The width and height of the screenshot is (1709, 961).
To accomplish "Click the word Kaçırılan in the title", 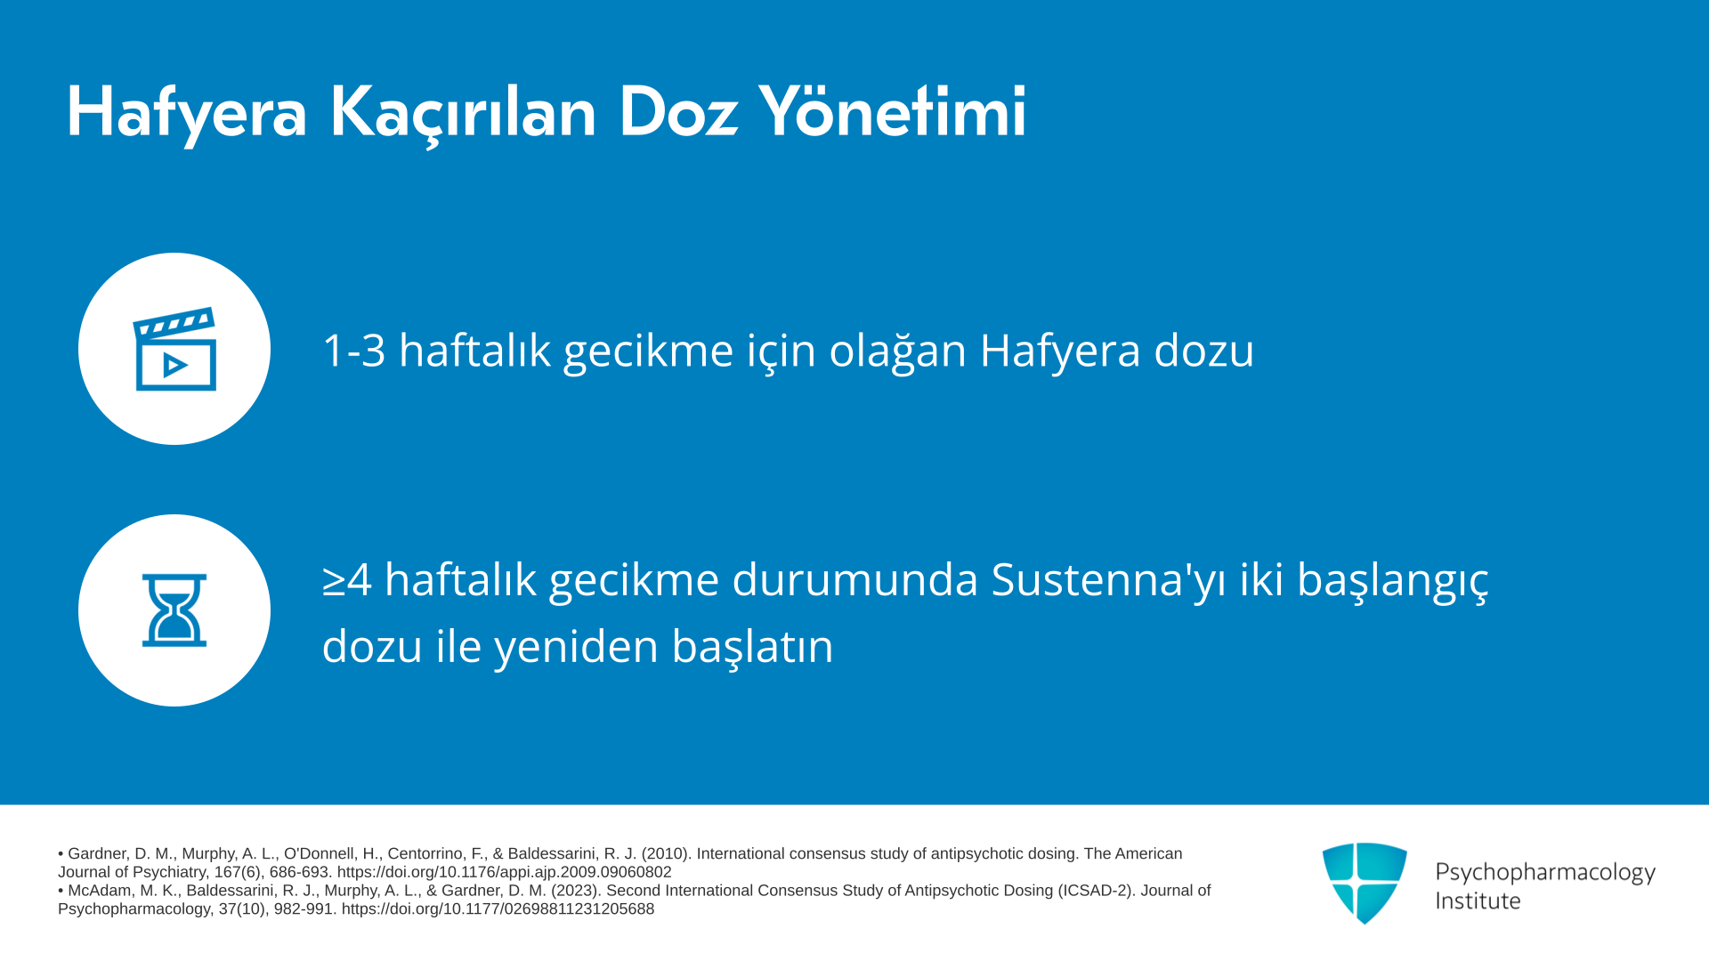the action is (463, 113).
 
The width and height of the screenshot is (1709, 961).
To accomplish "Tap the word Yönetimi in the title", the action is (893, 111).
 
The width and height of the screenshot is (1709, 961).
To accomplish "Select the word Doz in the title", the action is (678, 112).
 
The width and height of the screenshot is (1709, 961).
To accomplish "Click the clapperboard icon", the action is (174, 349).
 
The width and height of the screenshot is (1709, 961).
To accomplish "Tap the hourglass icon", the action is (174, 610).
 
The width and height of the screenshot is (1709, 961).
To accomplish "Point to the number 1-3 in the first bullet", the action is (353, 351).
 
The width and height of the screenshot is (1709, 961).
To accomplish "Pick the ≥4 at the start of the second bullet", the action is (347, 580).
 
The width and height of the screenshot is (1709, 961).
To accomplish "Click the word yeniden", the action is (577, 647).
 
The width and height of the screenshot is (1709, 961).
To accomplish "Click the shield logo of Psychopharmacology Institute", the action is (1365, 883).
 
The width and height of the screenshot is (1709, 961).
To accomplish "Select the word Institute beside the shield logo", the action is (1478, 901).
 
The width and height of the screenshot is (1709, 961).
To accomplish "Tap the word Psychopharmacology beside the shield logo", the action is (1545, 873).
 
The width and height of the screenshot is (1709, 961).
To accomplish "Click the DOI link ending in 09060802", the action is (504, 872).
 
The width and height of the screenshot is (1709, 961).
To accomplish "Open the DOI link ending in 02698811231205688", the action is (498, 909).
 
